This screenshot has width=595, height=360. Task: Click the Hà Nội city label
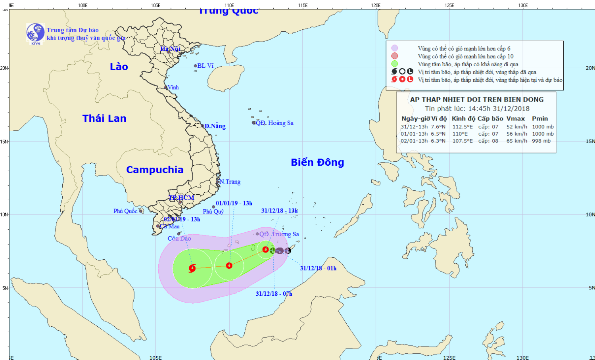click(x=170, y=49)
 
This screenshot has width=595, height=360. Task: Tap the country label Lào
click(x=119, y=67)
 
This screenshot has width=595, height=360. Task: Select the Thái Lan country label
click(x=104, y=118)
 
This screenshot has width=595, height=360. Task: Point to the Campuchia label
click(x=155, y=170)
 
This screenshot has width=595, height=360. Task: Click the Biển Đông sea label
click(x=317, y=162)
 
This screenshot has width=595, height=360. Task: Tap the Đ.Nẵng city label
click(x=215, y=126)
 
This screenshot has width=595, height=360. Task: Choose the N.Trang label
click(x=230, y=182)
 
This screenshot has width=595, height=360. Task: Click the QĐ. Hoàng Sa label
click(x=274, y=123)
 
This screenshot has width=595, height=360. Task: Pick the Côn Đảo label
click(x=179, y=238)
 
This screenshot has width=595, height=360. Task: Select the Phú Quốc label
click(x=125, y=211)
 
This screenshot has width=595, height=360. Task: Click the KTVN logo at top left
click(x=35, y=33)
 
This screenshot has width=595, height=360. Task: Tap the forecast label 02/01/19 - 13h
click(x=182, y=219)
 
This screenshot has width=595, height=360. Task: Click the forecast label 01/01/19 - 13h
click(x=234, y=203)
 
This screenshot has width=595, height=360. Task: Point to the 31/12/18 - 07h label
click(x=274, y=294)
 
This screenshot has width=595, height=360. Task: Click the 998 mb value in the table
click(x=541, y=141)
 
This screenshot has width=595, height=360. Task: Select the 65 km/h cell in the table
click(x=517, y=141)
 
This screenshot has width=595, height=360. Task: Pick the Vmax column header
click(x=516, y=119)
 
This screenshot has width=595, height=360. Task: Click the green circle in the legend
click(x=394, y=64)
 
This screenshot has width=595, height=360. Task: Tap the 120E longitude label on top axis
click(x=376, y=6)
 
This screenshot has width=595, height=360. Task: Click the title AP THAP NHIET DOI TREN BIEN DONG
click(x=477, y=100)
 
